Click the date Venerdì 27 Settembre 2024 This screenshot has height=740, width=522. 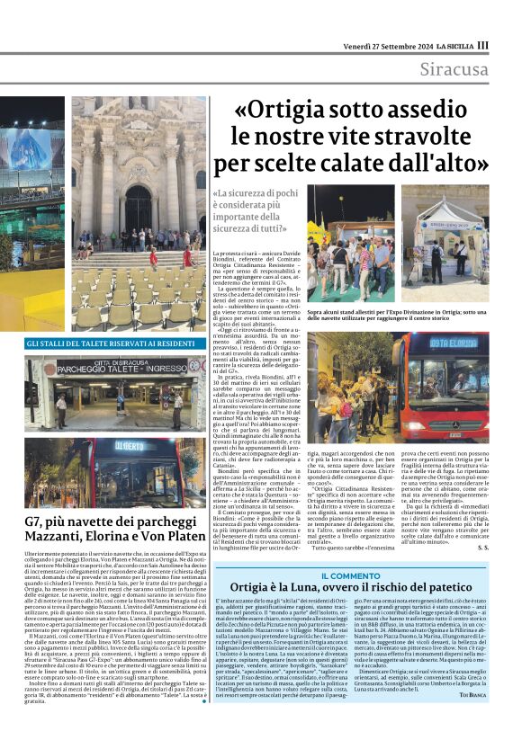(384, 46)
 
